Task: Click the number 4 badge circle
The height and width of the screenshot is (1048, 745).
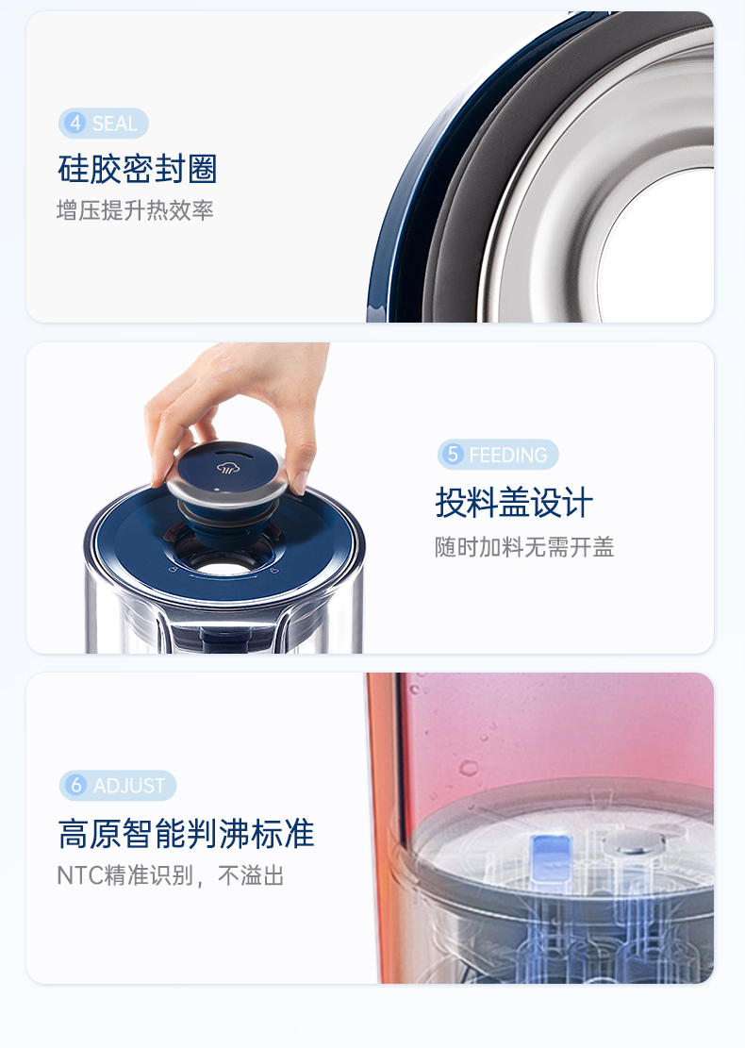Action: [75, 123]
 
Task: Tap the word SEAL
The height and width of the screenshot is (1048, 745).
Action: [115, 124]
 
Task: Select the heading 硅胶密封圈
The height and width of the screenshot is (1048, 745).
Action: [138, 169]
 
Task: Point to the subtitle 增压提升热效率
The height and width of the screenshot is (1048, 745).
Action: [135, 210]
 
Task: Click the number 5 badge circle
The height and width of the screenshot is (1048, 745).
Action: [453, 454]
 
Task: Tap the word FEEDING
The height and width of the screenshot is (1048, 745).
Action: [507, 456]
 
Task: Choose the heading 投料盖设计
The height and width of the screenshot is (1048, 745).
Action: [514, 503]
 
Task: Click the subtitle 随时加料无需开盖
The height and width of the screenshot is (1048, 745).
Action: [524, 547]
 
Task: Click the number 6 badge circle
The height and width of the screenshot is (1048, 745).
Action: [76, 785]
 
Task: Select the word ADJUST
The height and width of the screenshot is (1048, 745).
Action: [129, 786]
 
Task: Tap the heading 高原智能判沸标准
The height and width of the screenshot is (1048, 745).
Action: [187, 834]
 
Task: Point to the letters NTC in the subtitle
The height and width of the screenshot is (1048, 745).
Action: [80, 875]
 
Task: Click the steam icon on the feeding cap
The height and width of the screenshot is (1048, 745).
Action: [228, 467]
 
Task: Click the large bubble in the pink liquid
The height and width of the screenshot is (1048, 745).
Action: [469, 767]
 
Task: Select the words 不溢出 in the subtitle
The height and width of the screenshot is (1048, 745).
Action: [251, 875]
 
